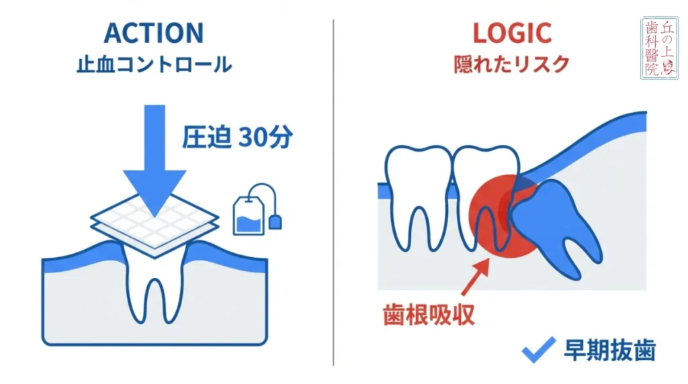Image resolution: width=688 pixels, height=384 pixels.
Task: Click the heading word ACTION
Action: coord(154,33)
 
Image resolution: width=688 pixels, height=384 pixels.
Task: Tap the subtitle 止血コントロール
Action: coord(154,66)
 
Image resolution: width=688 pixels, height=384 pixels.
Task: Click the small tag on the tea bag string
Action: coord(275,220)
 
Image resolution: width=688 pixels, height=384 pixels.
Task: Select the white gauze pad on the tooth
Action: coord(155,225)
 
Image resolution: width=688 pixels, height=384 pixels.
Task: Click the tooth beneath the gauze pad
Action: coord(155,282)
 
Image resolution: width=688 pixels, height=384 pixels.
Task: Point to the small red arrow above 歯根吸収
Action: coord(476,277)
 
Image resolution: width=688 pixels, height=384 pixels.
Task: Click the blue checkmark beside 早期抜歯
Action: coord(538,349)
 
